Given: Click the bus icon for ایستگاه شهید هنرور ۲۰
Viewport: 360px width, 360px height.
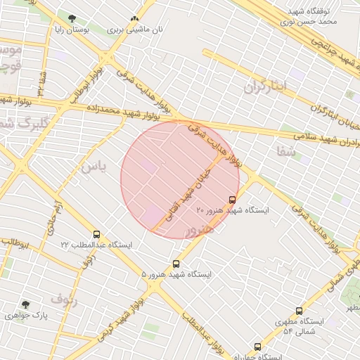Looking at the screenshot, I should (233, 199).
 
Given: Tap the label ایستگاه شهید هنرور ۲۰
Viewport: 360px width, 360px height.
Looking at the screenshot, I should (233, 210).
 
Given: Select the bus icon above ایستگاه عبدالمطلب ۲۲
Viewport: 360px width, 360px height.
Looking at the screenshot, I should (96, 234).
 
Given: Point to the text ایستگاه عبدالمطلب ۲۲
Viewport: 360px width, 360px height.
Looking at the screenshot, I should (96, 245).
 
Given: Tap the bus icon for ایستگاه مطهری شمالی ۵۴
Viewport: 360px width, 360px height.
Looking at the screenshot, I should (299, 311).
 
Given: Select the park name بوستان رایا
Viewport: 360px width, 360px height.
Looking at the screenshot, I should (73, 31).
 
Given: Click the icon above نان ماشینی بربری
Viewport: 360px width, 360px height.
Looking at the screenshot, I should (134, 19).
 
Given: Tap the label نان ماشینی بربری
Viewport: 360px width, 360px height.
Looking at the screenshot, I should (134, 30).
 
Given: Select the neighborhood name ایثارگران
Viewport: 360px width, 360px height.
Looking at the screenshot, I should (266, 86).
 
